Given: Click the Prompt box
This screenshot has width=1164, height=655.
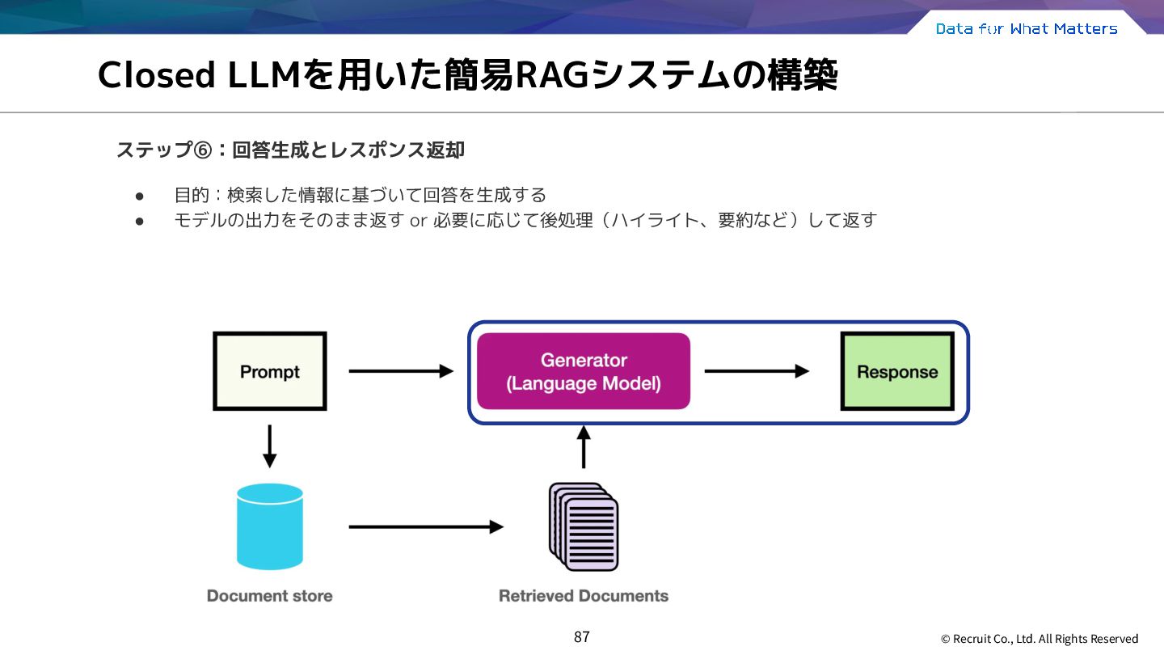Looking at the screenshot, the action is [270, 371].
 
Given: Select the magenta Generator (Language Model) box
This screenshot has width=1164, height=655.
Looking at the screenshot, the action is [584, 371].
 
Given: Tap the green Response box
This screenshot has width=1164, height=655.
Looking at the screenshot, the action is [897, 371].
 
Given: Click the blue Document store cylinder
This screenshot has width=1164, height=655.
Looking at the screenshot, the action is [270, 526].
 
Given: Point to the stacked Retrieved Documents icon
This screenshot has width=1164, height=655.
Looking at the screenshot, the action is [584, 526].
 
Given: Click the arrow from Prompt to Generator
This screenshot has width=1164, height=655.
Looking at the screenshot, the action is [401, 371].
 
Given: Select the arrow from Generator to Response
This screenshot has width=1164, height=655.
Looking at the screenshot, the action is [757, 371].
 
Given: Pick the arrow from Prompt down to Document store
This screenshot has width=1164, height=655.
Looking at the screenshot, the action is [270, 446].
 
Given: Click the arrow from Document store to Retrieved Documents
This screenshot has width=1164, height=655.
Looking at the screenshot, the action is [426, 526].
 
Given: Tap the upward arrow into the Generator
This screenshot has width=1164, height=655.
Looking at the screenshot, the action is [584, 447].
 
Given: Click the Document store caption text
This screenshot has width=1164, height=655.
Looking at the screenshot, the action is [270, 596].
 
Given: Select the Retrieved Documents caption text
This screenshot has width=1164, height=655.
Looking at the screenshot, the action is [584, 596].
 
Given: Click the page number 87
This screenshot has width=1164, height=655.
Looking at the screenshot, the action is [582, 637].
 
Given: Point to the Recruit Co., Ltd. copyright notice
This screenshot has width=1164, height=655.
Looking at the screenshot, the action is [1040, 638].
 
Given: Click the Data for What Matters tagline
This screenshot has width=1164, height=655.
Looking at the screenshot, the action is [1027, 28].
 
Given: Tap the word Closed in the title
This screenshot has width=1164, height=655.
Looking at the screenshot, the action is [157, 75].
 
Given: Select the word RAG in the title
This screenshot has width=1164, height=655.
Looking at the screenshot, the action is [552, 75].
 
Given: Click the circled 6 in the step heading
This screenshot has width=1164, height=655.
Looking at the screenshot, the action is [203, 150].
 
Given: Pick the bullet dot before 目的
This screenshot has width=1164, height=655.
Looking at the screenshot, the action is [139, 196].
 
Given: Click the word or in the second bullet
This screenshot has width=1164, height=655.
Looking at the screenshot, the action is [419, 221].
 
